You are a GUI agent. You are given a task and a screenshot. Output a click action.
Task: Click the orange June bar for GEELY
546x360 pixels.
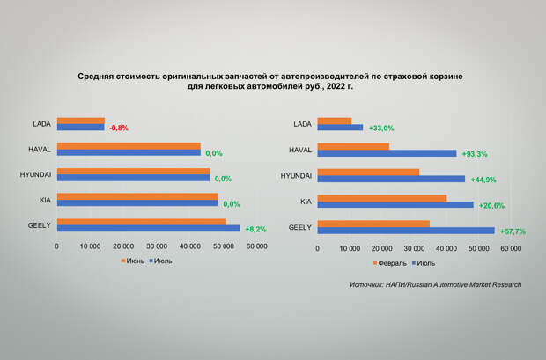tap(141, 222)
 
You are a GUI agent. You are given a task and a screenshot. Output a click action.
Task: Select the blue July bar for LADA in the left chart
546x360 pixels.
tap(80, 128)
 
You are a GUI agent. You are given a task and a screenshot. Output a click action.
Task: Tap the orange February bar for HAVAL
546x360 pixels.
tap(353, 146)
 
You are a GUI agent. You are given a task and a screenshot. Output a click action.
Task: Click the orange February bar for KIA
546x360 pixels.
tap(382, 198)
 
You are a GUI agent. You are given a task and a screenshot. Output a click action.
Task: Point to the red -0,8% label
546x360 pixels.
tap(119, 129)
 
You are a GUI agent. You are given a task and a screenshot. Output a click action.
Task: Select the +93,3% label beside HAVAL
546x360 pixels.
tap(476, 154)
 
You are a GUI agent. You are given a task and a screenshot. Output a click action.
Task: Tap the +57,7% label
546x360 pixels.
tap(513, 231)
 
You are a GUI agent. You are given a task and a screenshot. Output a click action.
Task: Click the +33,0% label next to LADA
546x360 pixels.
tap(380, 129)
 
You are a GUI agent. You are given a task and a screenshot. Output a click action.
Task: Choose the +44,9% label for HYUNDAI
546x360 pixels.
tap(483, 180)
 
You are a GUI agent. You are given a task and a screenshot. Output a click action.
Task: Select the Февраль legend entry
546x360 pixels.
tap(393, 262)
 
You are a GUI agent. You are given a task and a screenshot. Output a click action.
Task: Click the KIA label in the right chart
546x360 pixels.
tap(306, 202)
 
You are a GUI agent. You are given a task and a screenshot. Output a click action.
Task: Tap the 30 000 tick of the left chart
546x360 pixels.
tap(157, 246)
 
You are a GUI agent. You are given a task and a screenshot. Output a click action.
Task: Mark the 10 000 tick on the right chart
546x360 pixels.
tap(350, 248)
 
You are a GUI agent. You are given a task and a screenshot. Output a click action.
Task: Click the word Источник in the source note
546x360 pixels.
tap(367, 284)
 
